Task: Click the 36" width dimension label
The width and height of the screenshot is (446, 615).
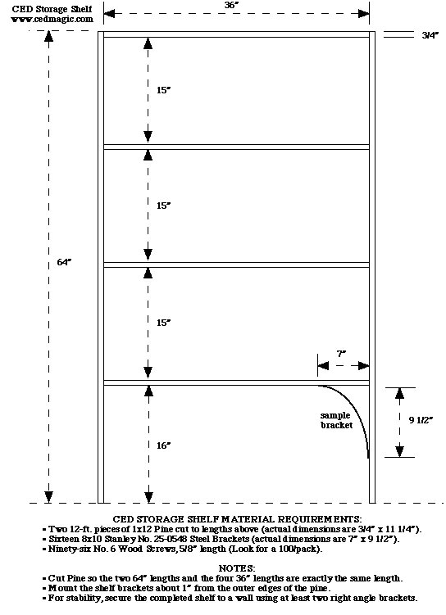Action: click(232, 5)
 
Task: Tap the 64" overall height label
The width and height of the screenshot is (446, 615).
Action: click(65, 262)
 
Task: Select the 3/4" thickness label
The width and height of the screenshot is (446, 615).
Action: click(430, 35)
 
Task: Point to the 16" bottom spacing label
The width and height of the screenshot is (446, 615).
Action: click(164, 445)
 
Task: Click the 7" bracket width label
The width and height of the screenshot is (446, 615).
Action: click(341, 354)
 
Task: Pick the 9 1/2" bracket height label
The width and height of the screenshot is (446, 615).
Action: click(421, 420)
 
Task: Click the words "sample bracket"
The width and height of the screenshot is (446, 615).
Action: click(336, 420)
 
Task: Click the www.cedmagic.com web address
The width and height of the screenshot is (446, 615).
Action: click(52, 19)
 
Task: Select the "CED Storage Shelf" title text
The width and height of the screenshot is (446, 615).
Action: click(52, 9)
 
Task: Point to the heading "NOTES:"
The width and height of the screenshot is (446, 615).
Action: click(237, 568)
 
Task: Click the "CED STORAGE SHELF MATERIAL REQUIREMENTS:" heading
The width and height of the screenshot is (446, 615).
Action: click(237, 519)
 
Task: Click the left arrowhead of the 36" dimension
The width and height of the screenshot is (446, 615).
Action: click(109, 14)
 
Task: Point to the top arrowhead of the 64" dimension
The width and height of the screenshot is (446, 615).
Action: click(48, 36)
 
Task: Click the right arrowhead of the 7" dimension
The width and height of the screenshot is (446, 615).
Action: click(364, 366)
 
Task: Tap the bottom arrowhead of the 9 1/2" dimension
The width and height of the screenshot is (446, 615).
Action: click(399, 452)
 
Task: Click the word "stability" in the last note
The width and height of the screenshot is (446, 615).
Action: click(81, 598)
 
